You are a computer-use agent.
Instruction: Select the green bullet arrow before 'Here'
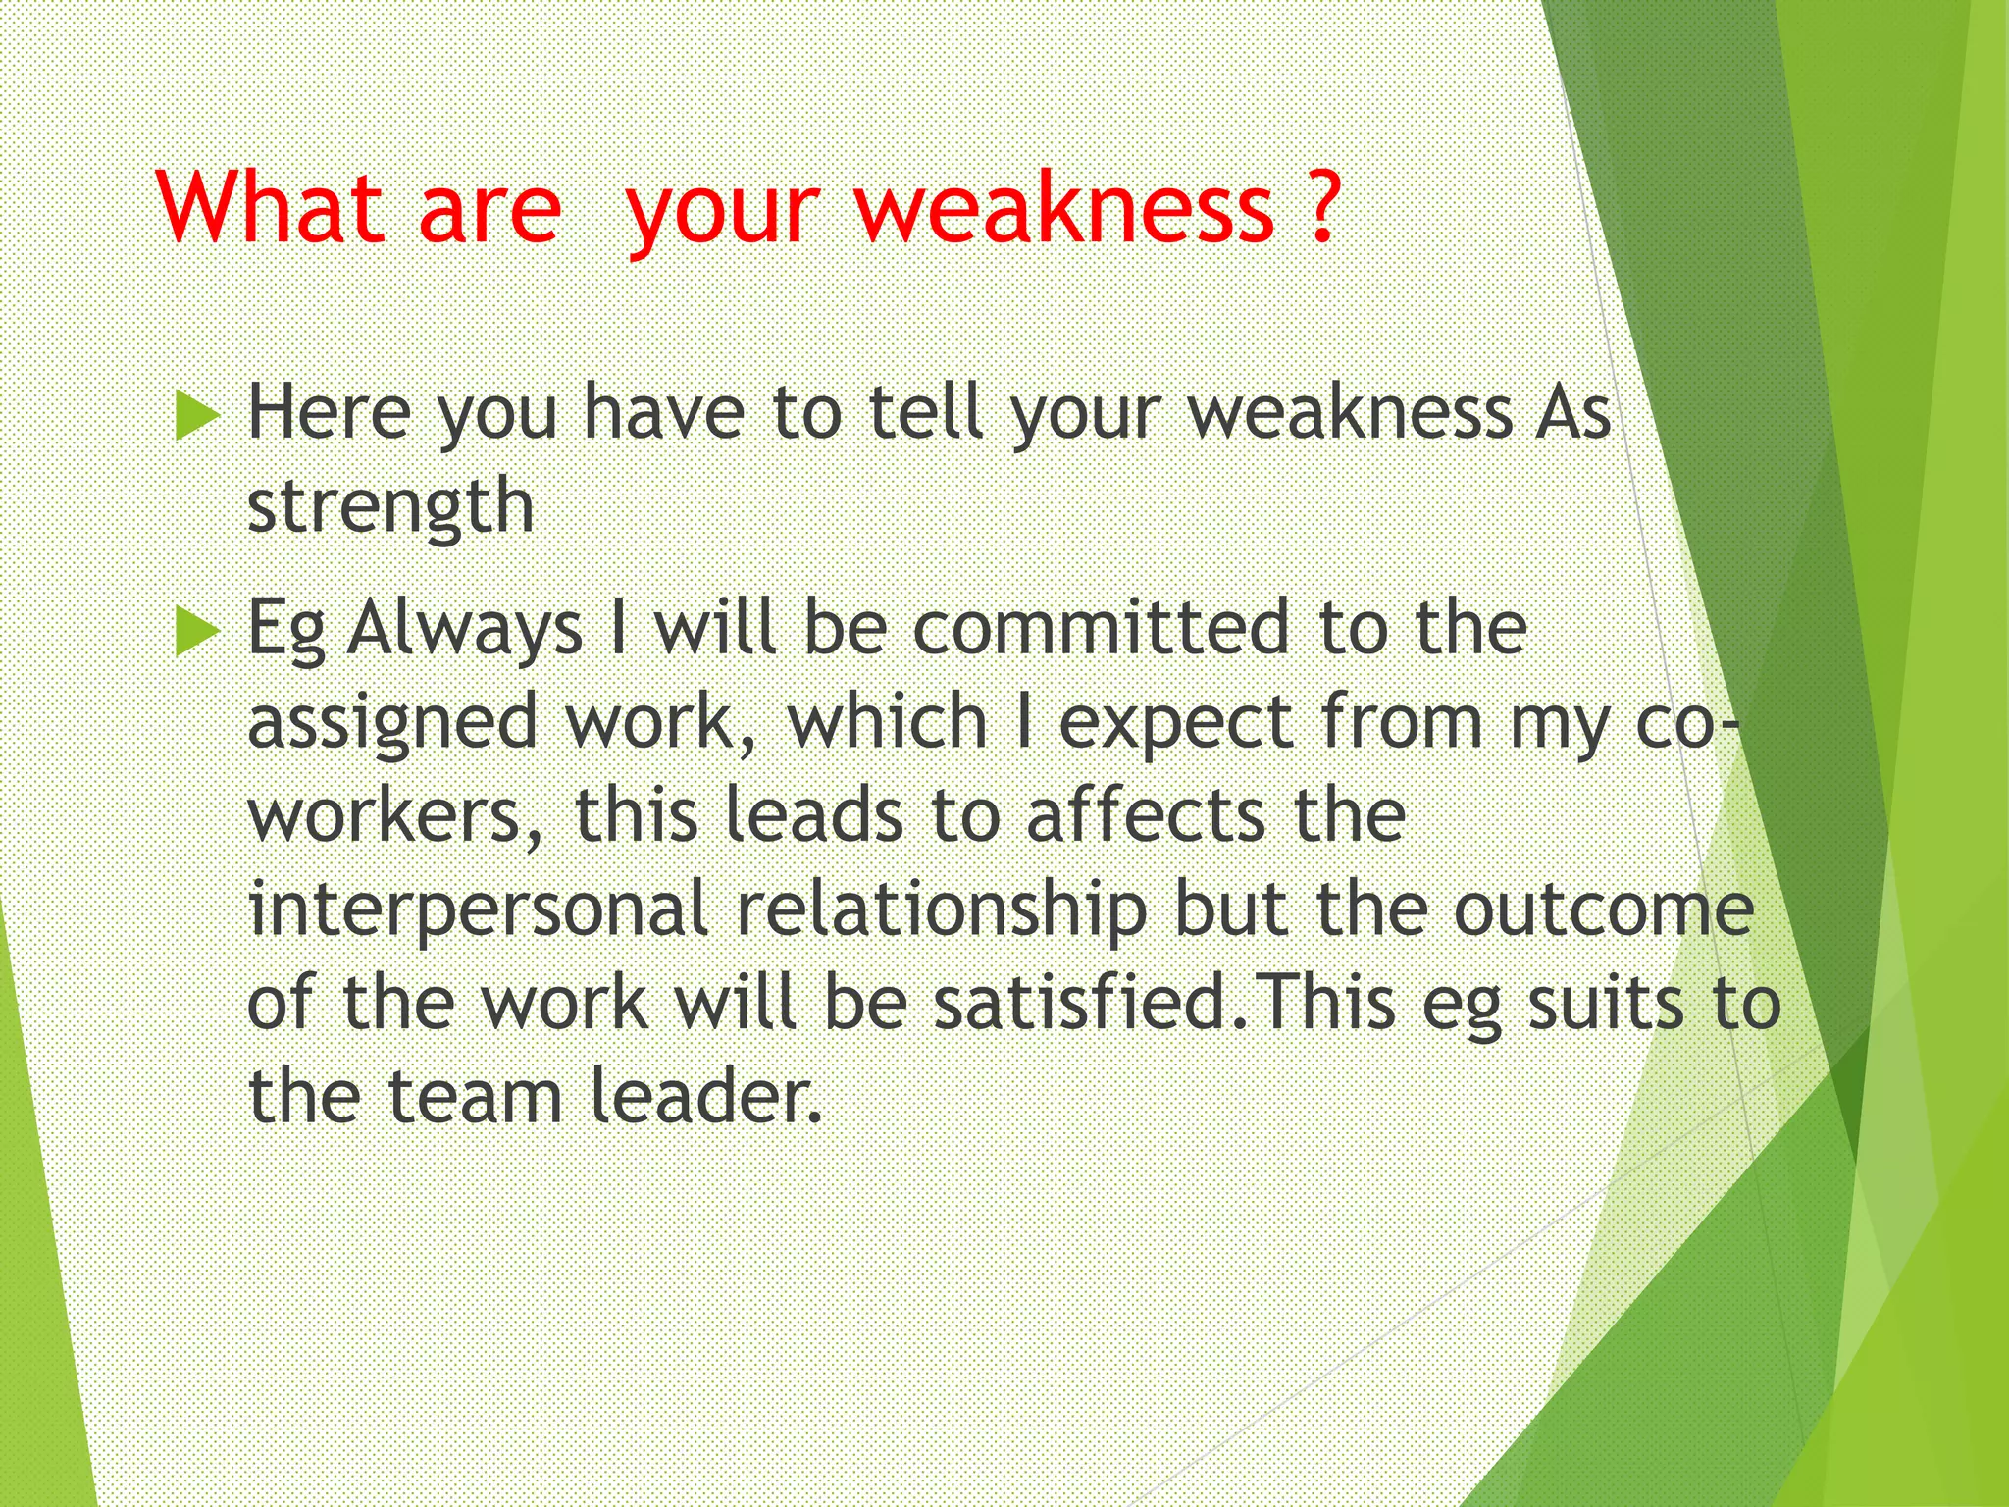point(197,415)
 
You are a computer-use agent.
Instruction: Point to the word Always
point(466,629)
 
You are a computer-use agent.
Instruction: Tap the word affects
point(1146,816)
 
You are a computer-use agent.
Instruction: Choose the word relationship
point(942,910)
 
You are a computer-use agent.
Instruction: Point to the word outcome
point(1603,910)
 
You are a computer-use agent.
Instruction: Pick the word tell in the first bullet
point(927,413)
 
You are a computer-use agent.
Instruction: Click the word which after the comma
point(887,722)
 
